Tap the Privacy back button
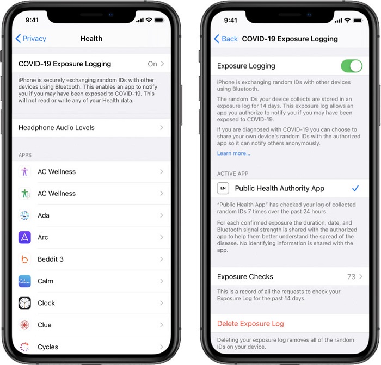click(30, 39)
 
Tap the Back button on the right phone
click(226, 39)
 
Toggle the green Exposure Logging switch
click(352, 66)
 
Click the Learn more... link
click(233, 153)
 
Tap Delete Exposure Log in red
click(250, 324)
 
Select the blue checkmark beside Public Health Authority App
click(355, 188)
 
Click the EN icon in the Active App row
click(223, 188)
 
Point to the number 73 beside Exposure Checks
click(351, 276)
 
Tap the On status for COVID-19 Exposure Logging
click(152, 64)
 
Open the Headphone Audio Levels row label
click(57, 128)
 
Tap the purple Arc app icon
click(24, 237)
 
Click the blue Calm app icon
click(24, 281)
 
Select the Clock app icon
click(24, 303)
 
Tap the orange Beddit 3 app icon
click(24, 259)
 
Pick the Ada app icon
click(24, 215)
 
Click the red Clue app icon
click(24, 325)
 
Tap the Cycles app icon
click(24, 347)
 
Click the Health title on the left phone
click(91, 39)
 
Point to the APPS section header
click(25, 155)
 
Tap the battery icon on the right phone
click(358, 21)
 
